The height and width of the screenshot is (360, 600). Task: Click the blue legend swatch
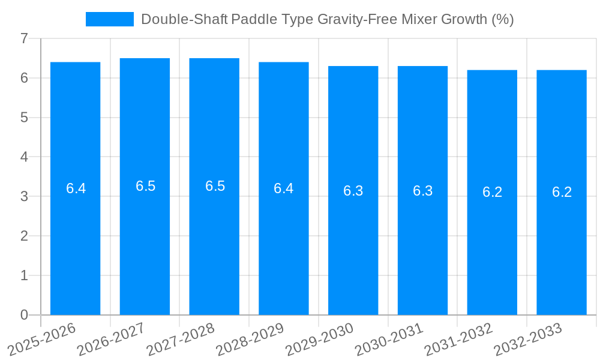[x=109, y=19]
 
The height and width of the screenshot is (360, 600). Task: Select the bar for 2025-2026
[x=75, y=240]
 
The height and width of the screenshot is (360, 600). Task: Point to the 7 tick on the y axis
[x=24, y=38]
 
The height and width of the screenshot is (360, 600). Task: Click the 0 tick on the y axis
[x=24, y=315]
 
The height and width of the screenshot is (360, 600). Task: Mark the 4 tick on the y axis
[x=24, y=157]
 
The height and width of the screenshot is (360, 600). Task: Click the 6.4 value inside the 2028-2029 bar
[x=283, y=188]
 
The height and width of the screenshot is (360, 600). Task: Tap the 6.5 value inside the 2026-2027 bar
[x=145, y=186]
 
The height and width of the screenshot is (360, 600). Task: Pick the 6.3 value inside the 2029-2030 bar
[x=353, y=191]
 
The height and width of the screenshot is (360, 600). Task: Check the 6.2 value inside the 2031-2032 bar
[x=492, y=192]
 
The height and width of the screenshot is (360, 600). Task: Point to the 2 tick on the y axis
[x=24, y=236]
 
